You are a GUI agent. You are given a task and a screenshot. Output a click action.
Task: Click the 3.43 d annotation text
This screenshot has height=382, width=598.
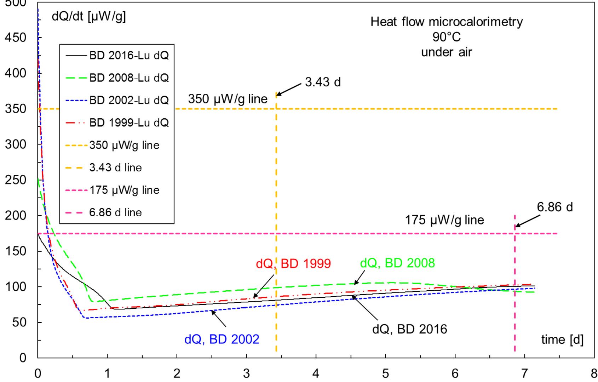[x=323, y=82]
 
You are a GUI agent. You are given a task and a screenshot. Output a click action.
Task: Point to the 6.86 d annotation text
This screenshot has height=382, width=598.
[x=554, y=207]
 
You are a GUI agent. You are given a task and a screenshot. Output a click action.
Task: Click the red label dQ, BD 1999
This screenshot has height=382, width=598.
[x=293, y=264]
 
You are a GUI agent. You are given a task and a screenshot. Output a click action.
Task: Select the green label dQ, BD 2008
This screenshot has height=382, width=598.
[x=397, y=263]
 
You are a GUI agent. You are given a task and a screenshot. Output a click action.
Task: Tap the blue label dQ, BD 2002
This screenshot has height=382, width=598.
[x=222, y=339]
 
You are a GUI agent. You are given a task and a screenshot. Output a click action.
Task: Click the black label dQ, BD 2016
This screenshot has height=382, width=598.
[x=409, y=329]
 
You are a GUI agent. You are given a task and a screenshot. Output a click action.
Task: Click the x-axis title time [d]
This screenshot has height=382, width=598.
[x=562, y=340]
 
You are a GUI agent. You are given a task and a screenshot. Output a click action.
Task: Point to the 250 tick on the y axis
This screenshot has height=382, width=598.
[x=18, y=180]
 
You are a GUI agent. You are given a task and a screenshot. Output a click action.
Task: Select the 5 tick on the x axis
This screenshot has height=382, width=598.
[x=385, y=374]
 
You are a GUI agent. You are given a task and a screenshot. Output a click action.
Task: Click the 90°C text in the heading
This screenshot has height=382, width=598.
[x=447, y=37]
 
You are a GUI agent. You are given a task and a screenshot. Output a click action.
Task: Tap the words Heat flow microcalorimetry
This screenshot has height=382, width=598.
[x=446, y=22]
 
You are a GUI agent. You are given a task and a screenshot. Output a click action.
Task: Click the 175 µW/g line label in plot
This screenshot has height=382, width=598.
[x=444, y=220]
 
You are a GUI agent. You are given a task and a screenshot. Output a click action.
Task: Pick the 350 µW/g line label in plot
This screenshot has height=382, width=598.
[x=228, y=99]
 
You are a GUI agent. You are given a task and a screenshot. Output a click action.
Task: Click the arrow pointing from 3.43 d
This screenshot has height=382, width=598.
[x=289, y=89]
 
